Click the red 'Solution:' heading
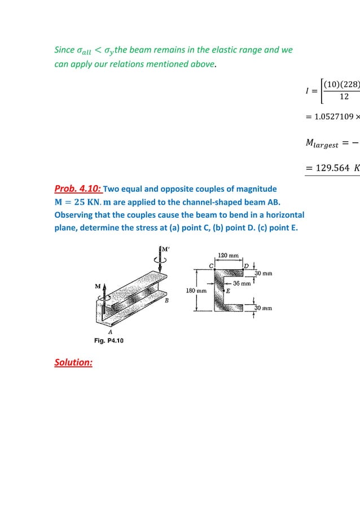73,362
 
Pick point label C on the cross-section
210,265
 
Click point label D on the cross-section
247,265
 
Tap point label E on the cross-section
228,291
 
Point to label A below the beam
111,332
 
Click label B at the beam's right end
166,301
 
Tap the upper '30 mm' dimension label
262,273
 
